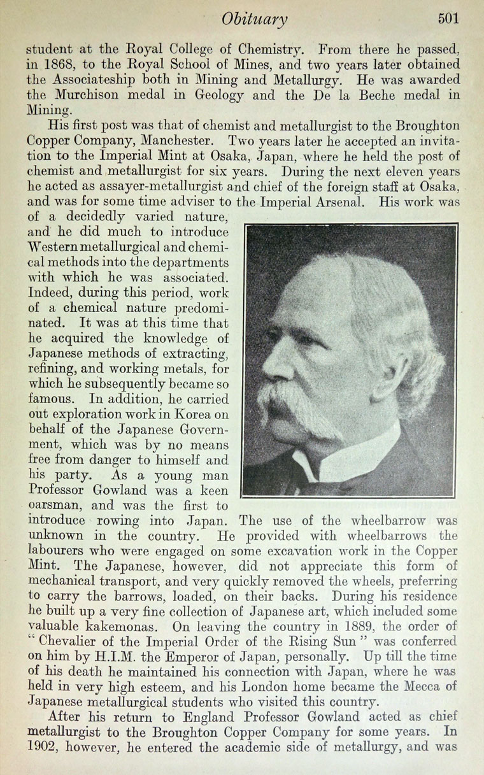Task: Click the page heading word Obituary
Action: (x=255, y=19)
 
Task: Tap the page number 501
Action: (x=448, y=18)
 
